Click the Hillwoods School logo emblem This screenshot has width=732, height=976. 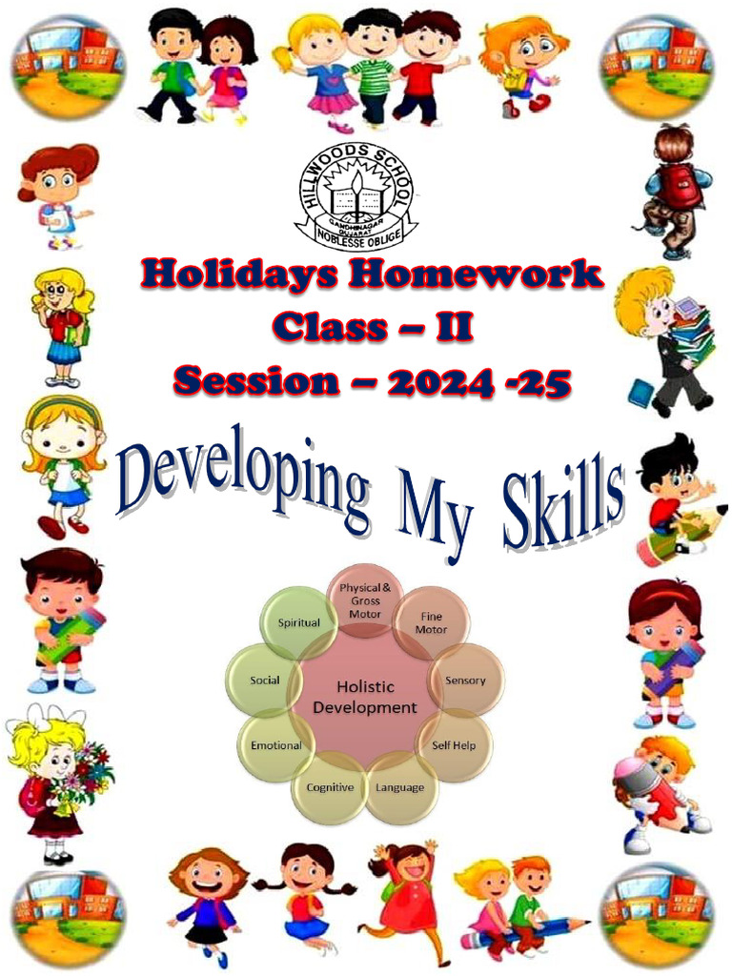pos(356,194)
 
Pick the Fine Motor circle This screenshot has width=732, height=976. pos(431,623)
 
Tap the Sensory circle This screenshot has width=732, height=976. pos(465,681)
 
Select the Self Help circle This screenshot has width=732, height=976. pos(455,744)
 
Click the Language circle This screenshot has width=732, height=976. pos(400,787)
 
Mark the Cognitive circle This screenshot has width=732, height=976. pos(330,787)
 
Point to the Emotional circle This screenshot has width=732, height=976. pos(275,745)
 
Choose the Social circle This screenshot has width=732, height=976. pos(264,681)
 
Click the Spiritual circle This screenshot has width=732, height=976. pos(298,623)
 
